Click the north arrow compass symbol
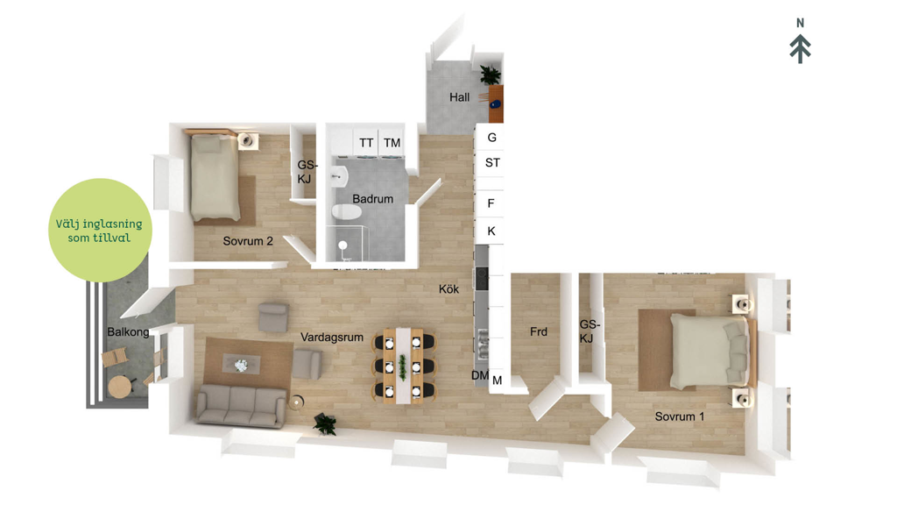pos(801,42)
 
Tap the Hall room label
pos(459,97)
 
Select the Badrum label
pos(372,199)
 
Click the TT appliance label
pos(366,143)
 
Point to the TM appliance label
pos(392,143)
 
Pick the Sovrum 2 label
pos(248,241)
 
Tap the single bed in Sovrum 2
pos(215,176)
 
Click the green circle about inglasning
pos(100,231)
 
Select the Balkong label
pos(128,332)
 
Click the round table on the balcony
pos(121,387)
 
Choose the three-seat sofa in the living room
pos(241,405)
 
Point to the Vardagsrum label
pos(332,338)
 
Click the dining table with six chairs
pos(403,366)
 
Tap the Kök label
pos(448,289)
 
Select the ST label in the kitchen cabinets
pos(492,162)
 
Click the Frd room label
pos(539,331)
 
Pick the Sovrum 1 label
pos(679,416)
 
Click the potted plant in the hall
pos(491,75)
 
